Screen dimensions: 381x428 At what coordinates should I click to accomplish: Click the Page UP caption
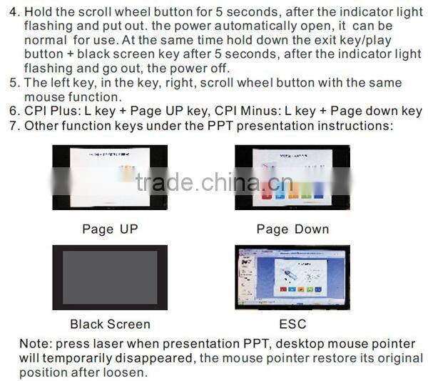point(109,229)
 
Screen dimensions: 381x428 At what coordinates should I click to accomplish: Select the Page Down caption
point(292,229)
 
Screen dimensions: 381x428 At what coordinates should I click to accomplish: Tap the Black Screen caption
point(110,324)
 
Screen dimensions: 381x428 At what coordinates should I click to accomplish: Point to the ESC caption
point(292,324)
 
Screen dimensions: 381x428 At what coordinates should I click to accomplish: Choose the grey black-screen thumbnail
point(110,277)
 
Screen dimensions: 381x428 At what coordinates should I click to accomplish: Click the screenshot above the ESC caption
point(292,277)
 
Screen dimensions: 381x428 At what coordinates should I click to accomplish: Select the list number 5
point(9,83)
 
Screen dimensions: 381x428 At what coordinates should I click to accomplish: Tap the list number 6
point(9,112)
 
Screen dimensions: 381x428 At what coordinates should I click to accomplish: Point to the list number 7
point(9,126)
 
